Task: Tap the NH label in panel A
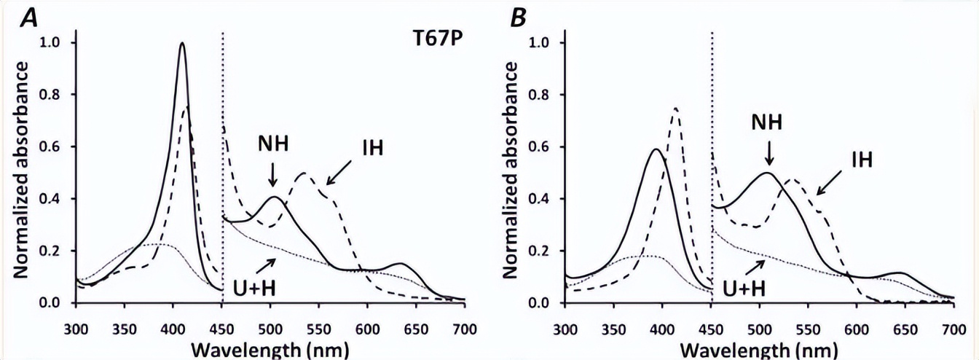coord(273,143)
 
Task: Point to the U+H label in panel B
coord(744,290)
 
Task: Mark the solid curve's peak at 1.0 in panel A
coord(182,44)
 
